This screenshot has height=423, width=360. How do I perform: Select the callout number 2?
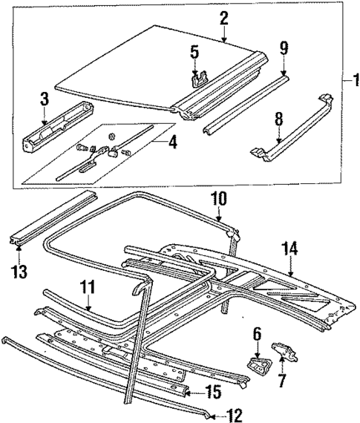pyautogui.click(x=223, y=18)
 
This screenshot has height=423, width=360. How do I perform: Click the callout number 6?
pyautogui.click(x=257, y=335)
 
